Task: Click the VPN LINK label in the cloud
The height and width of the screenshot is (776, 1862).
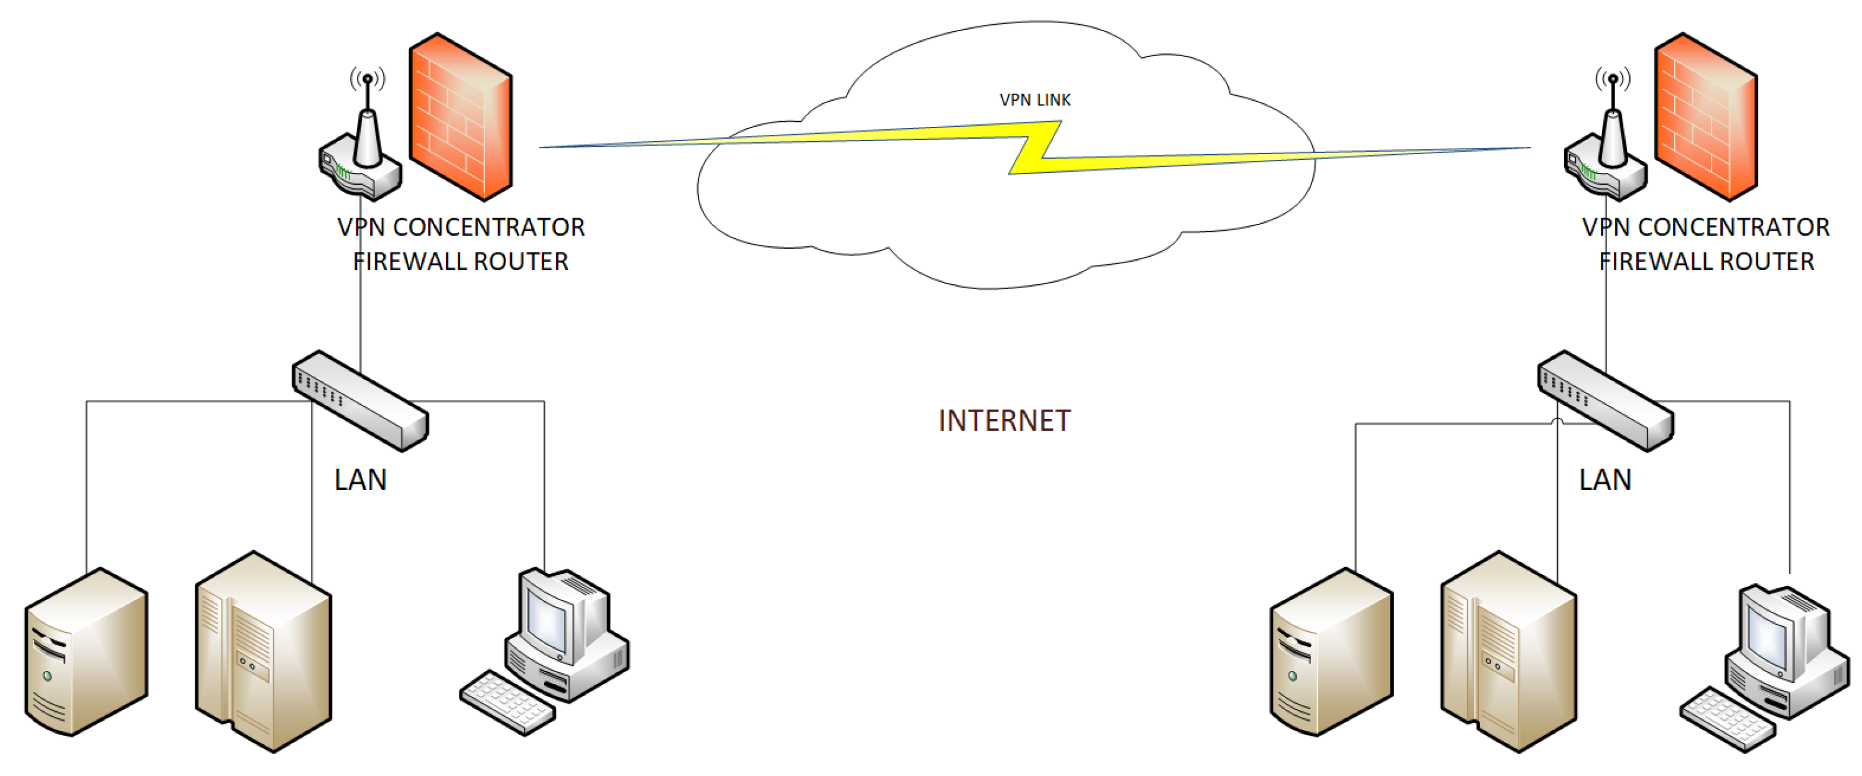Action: click(1034, 99)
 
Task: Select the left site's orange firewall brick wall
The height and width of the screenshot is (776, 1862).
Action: click(460, 117)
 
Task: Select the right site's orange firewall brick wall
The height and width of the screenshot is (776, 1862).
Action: click(1705, 117)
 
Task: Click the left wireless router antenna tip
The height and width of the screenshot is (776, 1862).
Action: click(368, 78)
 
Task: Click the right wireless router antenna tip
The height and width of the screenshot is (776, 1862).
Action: click(1613, 78)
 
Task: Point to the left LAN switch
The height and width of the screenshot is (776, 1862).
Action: click(360, 400)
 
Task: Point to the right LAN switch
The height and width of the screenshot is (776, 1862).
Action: click(1605, 400)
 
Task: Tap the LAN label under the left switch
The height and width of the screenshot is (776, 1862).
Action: click(360, 481)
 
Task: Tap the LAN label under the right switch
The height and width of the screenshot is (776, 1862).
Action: click(1605, 481)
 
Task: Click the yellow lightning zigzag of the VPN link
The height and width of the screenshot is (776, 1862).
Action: click(1035, 148)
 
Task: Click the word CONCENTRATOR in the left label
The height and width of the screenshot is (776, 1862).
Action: click(489, 228)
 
